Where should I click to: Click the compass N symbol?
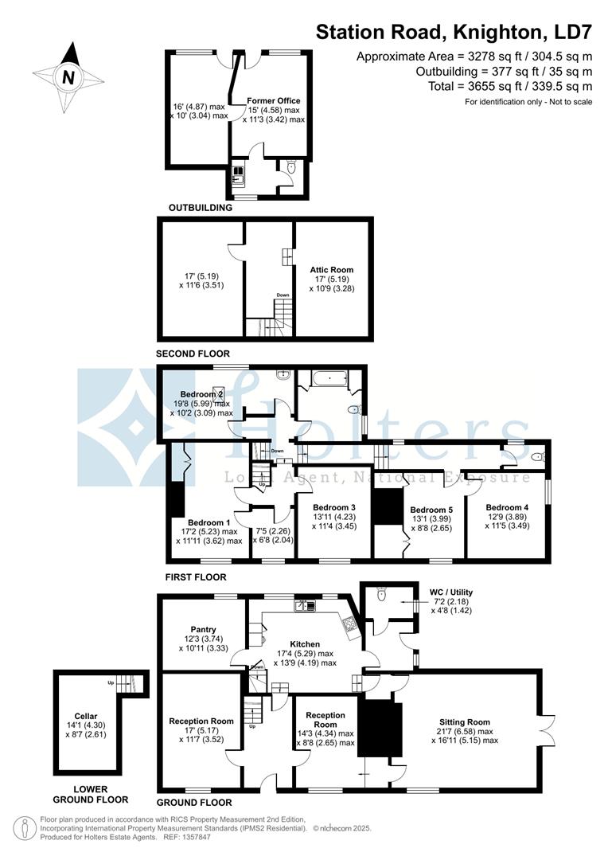pyautogui.click(x=69, y=77)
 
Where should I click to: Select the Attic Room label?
pyautogui.click(x=332, y=270)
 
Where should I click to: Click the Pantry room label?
pyautogui.click(x=204, y=629)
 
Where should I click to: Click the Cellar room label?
pyautogui.click(x=85, y=716)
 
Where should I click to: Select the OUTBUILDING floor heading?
pyautogui.click(x=200, y=208)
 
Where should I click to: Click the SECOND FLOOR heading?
pyautogui.click(x=193, y=354)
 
